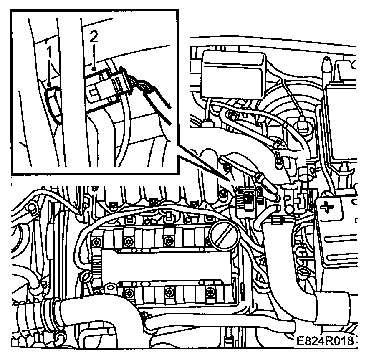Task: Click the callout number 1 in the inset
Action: pos(49,53)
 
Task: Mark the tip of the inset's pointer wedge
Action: pos(228,180)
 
